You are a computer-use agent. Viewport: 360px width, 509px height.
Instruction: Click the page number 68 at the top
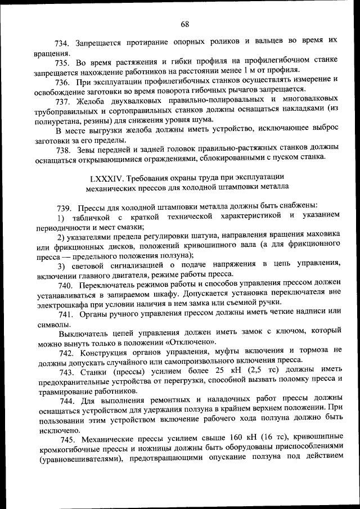(185, 24)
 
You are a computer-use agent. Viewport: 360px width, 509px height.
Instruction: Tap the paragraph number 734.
(61, 42)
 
